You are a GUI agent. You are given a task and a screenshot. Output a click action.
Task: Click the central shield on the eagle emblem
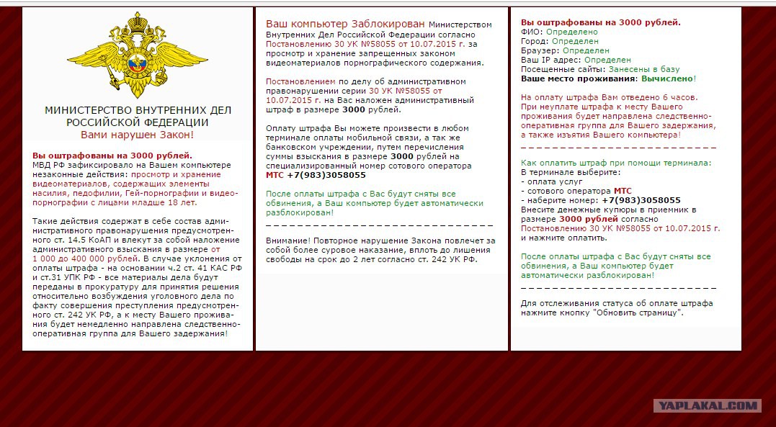(x=137, y=66)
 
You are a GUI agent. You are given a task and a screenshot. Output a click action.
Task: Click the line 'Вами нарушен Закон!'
(x=137, y=135)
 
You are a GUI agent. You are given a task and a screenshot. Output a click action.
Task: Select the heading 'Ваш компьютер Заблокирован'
(x=345, y=24)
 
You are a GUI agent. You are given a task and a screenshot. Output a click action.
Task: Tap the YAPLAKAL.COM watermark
(x=707, y=406)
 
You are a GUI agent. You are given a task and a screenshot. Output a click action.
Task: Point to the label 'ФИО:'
(x=532, y=32)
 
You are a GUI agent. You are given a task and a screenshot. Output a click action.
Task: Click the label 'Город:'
(x=535, y=42)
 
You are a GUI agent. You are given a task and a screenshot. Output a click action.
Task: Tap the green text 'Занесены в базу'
(x=644, y=69)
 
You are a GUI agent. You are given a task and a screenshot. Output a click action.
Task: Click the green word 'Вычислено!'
(x=669, y=78)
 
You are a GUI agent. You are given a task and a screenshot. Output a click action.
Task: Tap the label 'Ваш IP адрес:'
(x=551, y=60)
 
